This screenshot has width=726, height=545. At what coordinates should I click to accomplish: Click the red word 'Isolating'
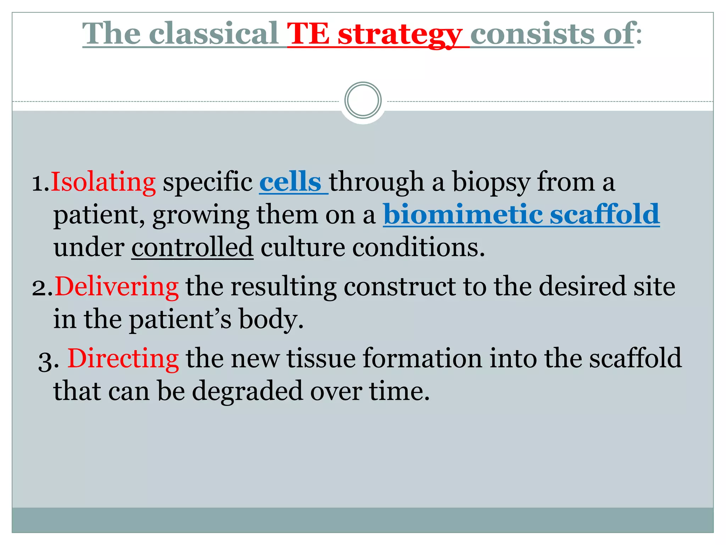click(x=103, y=182)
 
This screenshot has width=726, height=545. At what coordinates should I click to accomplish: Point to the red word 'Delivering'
click(x=117, y=286)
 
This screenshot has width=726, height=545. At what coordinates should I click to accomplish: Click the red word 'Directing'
click(x=123, y=358)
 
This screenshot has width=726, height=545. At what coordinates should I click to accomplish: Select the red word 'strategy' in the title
click(x=400, y=34)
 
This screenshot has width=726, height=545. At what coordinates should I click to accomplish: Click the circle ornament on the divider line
click(x=363, y=100)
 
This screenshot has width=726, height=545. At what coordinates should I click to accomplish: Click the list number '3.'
click(x=48, y=362)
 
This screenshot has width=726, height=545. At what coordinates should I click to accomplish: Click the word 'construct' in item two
click(x=400, y=286)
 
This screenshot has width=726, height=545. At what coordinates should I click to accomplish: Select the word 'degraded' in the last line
click(x=247, y=391)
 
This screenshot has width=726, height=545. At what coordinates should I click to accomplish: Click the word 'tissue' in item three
click(x=321, y=358)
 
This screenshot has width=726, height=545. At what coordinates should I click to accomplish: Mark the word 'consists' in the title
click(x=532, y=34)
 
